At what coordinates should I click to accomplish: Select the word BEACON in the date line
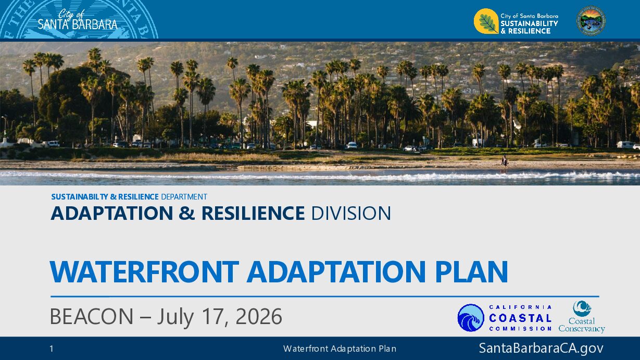click(92, 317)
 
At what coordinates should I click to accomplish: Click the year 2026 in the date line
click(259, 317)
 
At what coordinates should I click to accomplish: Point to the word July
click(175, 317)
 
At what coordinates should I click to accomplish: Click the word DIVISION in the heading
click(351, 213)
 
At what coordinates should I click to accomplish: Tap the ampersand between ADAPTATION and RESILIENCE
click(187, 213)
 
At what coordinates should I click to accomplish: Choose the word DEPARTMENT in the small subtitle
click(184, 197)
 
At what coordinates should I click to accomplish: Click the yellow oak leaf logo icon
click(486, 21)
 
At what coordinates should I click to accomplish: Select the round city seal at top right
click(591, 21)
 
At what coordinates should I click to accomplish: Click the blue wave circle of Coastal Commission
click(471, 318)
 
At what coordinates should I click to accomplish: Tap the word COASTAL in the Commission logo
click(520, 318)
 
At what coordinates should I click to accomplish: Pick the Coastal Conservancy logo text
click(582, 325)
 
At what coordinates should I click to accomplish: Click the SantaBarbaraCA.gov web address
click(541, 348)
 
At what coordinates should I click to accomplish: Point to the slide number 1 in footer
click(52, 349)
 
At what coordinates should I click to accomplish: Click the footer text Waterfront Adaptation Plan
click(340, 349)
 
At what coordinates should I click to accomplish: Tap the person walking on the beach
click(505, 162)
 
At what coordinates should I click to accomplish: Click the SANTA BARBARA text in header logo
click(78, 24)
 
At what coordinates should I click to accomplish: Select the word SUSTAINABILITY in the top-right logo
click(530, 23)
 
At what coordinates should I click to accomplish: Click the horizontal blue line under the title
click(325, 296)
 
